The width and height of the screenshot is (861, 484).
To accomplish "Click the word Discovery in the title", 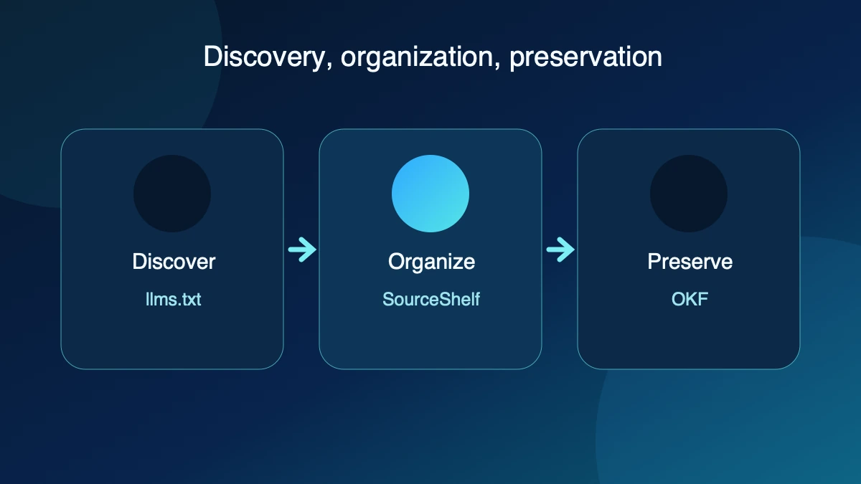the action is [x=265, y=57].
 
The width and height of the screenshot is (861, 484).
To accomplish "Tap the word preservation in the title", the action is [x=585, y=57].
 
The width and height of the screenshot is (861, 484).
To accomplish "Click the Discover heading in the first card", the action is [x=174, y=262].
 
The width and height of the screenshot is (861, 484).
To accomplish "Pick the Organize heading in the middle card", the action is [x=431, y=262].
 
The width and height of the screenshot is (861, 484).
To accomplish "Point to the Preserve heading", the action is [x=690, y=262].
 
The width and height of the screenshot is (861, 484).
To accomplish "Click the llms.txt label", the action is [x=173, y=299].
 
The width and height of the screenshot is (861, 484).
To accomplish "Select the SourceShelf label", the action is [x=431, y=299].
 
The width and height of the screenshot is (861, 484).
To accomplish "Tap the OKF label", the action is [x=690, y=299].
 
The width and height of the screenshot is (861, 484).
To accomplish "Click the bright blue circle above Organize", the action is [x=430, y=194].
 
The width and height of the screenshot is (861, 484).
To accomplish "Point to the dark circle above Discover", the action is [x=172, y=194].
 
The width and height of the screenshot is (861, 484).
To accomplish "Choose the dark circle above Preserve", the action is [x=689, y=194].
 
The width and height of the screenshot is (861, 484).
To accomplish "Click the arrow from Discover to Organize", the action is [x=302, y=250].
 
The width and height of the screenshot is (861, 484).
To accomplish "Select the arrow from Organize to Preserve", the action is [x=560, y=250].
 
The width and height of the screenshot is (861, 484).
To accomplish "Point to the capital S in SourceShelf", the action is [x=389, y=299].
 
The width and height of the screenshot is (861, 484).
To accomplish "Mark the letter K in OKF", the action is [x=691, y=299].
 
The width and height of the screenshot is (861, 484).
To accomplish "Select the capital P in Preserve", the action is [x=654, y=262].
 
